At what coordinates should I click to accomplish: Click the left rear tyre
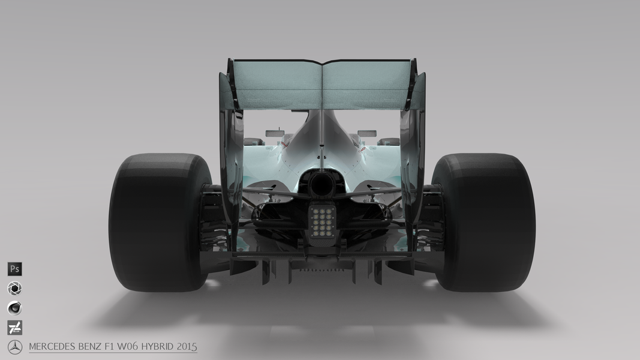[x=159, y=223]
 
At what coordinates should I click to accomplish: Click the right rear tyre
[x=483, y=223]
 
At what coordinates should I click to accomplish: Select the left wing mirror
[x=275, y=133]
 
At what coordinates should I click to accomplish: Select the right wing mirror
[x=367, y=133]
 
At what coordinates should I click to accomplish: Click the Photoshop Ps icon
[x=14, y=269]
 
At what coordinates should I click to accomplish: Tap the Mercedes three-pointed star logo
[x=15, y=347]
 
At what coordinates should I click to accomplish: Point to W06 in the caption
[x=127, y=347]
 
